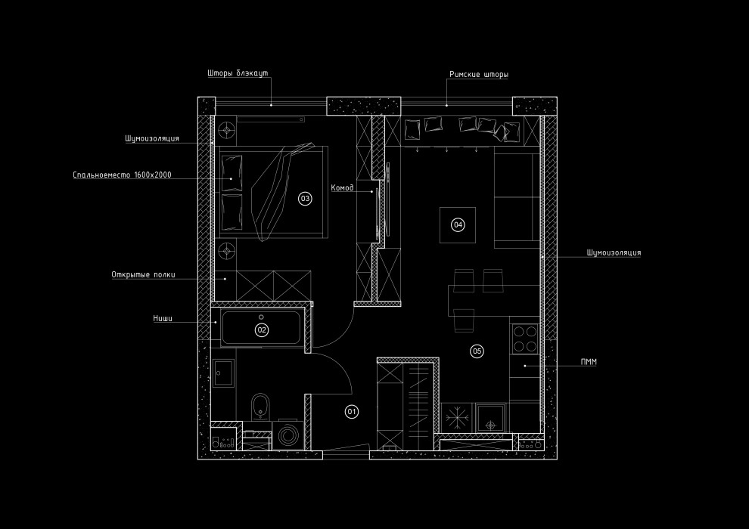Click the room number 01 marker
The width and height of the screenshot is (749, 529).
coord(351,412)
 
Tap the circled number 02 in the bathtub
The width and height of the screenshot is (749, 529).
coord(262,329)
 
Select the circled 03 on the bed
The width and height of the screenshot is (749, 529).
coord(305,199)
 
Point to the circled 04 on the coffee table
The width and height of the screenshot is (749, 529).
coord(457,224)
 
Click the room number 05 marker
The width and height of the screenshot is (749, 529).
coord(477,351)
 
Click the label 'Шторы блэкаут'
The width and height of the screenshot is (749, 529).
coord(237,74)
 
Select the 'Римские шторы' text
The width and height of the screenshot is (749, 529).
coord(478,75)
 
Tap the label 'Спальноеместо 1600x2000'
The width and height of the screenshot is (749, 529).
coord(123,175)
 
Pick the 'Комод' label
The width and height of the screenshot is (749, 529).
coord(342,187)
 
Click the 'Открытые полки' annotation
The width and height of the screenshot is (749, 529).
coord(143,275)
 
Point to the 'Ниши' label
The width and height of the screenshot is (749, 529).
coord(163,319)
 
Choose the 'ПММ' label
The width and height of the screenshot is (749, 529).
coord(588,363)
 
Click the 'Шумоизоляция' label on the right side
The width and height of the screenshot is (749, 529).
coord(614,253)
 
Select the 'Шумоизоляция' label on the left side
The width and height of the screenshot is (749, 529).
coord(152,139)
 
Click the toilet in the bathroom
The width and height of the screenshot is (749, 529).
coord(261,405)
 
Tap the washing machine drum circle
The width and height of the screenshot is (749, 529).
coord(288,435)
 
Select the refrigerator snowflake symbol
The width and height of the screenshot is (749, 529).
coord(456,418)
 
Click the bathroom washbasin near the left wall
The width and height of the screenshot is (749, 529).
coord(223,370)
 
